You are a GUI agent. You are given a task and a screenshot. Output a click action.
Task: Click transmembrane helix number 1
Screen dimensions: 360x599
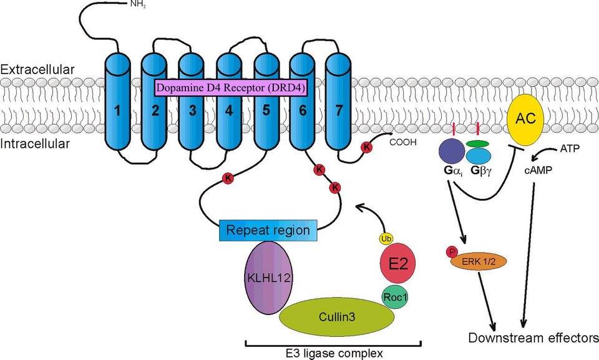coord(117,112)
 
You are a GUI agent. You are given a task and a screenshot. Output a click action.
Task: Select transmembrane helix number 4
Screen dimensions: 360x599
coord(229,112)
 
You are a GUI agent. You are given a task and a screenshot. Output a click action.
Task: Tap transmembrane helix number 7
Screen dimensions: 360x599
coord(339,112)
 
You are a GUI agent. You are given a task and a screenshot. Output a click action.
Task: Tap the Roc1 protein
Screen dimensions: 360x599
coord(394,298)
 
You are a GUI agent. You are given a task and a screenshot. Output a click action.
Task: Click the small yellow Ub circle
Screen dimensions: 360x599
coord(386,238)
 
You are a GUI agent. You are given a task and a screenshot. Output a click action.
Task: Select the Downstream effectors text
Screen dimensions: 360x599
coord(533,339)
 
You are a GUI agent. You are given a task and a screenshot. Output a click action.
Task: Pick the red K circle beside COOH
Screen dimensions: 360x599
coord(366,147)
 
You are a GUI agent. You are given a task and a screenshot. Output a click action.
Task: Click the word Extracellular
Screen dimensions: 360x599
coord(37,69)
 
